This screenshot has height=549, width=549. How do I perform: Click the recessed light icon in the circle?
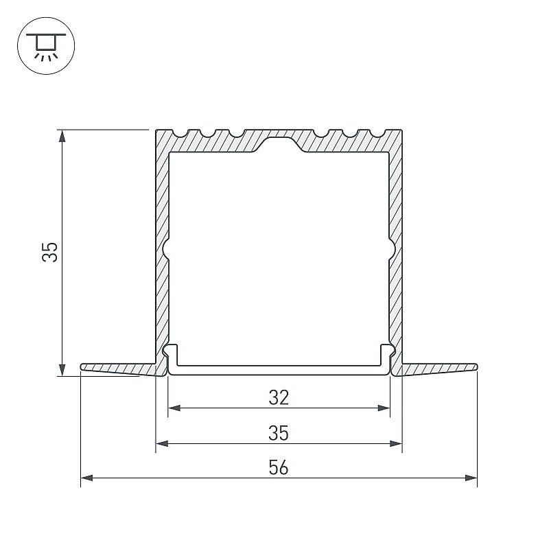(x=46, y=46)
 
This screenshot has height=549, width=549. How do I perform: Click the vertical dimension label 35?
(x=49, y=252)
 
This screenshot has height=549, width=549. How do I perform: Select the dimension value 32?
(x=279, y=398)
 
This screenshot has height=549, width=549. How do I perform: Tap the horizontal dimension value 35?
(x=279, y=433)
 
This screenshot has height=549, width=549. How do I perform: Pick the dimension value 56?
(x=279, y=468)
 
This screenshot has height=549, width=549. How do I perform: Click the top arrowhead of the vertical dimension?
(x=62, y=136)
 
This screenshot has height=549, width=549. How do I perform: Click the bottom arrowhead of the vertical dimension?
(x=62, y=370)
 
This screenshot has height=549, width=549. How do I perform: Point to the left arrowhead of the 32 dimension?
(x=174, y=408)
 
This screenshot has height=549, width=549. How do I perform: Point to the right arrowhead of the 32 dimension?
(x=384, y=408)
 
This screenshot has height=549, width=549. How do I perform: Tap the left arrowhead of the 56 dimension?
(x=87, y=478)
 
